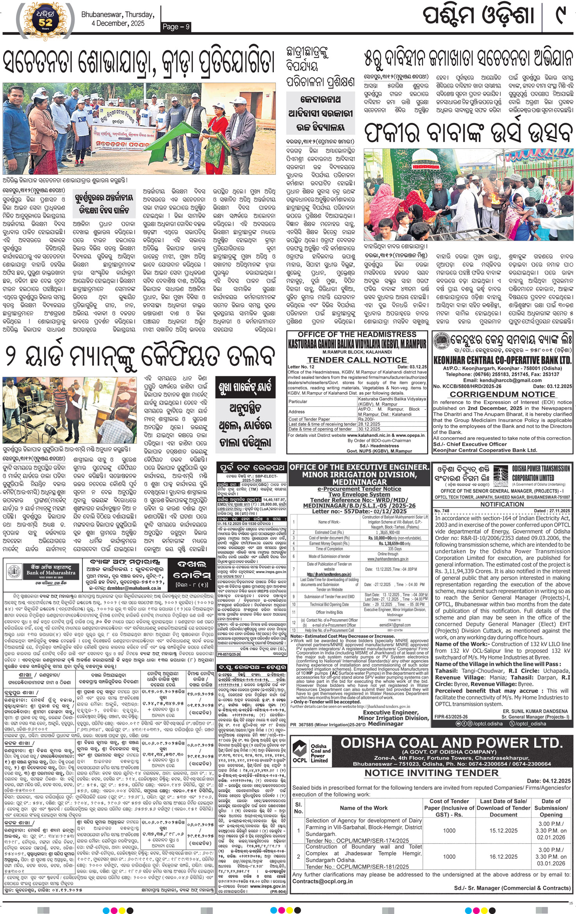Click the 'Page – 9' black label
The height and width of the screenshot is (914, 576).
click(x=176, y=27)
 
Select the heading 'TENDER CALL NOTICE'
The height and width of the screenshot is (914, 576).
click(x=357, y=360)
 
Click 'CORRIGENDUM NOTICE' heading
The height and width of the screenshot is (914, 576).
click(x=502, y=394)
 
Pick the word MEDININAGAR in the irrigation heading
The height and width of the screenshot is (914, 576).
click(x=359, y=482)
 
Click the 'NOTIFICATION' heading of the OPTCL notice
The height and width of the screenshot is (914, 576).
click(x=502, y=504)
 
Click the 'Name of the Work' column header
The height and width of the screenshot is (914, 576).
click(x=363, y=808)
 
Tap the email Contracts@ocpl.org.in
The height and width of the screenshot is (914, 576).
click(x=322, y=881)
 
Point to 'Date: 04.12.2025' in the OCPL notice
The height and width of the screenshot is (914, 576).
click(x=549, y=781)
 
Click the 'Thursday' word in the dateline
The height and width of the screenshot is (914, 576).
click(x=139, y=15)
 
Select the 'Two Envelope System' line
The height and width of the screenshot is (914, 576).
click(x=359, y=494)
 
